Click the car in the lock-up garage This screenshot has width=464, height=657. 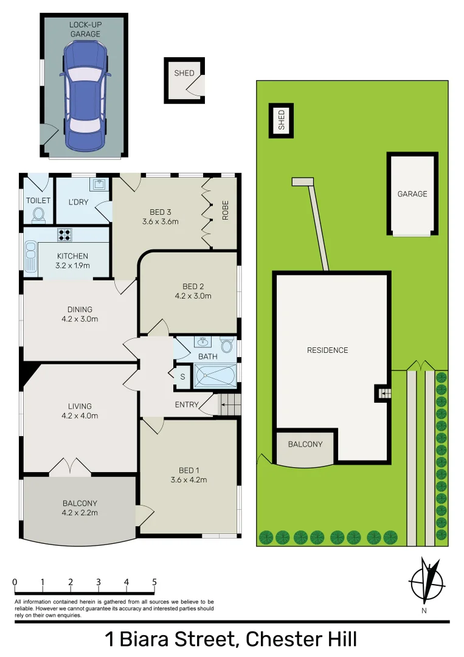click(x=85, y=94)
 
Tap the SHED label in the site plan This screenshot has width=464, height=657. click(x=281, y=120)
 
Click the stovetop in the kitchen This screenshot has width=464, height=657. click(x=65, y=234)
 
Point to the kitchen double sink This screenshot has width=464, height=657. click(x=30, y=256)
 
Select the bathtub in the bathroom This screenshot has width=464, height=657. click(x=215, y=375)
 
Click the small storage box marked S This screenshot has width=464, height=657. click(x=182, y=377)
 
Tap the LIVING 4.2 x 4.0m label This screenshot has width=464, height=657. click(x=80, y=411)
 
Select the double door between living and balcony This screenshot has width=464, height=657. click(x=70, y=467)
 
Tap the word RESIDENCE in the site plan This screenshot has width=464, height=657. click(x=327, y=350)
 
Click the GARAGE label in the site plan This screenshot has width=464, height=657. click(x=412, y=194)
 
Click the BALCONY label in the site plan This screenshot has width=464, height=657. click(x=305, y=444)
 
